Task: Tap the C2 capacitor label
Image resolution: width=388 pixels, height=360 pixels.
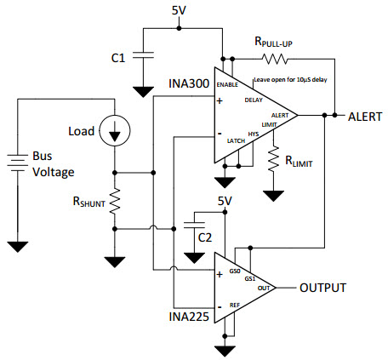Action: click(x=204, y=237)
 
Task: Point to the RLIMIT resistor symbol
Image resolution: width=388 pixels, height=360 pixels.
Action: click(x=274, y=159)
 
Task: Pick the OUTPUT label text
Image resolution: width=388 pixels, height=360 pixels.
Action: click(x=322, y=288)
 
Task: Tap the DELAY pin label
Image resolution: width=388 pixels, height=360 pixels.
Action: click(x=253, y=100)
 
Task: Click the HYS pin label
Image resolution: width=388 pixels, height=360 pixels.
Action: click(x=254, y=134)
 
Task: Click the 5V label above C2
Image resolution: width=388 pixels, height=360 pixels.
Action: click(x=225, y=201)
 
